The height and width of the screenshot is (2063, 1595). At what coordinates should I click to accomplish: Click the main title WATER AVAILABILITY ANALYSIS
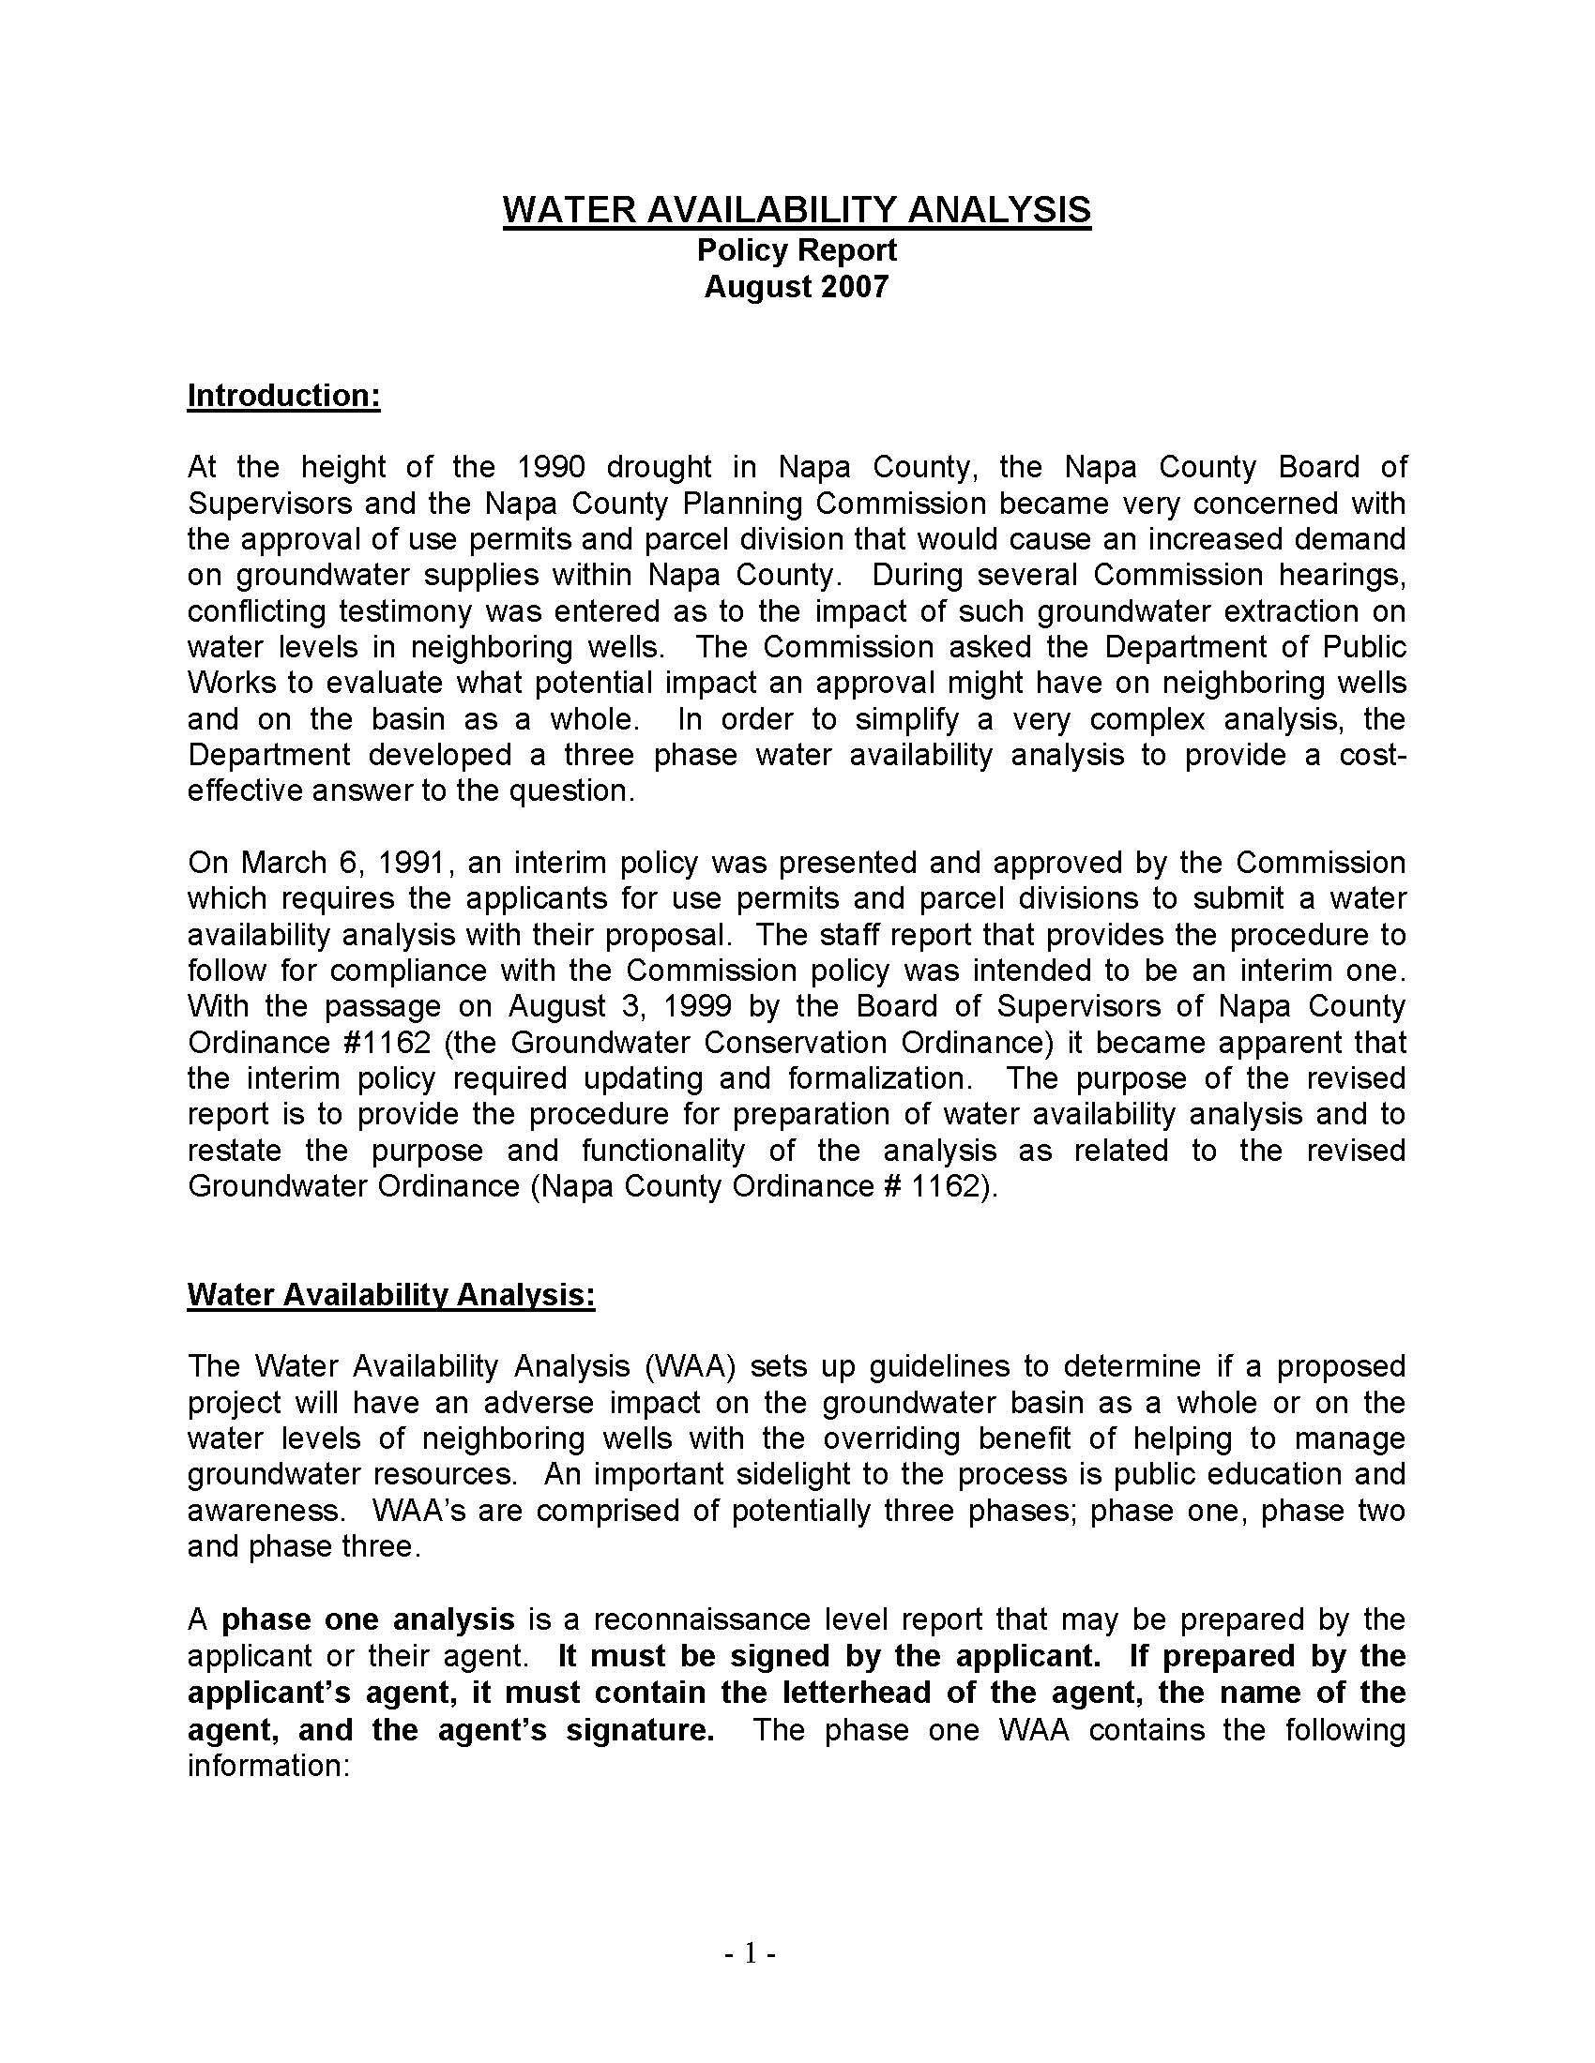point(797,209)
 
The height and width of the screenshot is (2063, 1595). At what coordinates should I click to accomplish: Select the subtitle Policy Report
point(797,250)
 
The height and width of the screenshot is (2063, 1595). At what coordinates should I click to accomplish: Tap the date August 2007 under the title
point(797,286)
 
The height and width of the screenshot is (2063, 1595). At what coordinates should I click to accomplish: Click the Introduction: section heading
point(283,395)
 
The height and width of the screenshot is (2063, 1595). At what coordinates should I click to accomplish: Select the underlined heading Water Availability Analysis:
point(391,1294)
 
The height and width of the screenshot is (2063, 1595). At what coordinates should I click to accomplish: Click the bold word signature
point(639,1728)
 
